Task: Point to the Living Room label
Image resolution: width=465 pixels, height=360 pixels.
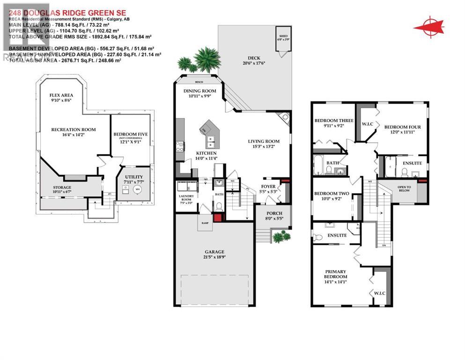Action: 263,141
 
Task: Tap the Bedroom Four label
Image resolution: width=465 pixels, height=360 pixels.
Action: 402,127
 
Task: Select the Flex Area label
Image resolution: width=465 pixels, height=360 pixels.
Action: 61,95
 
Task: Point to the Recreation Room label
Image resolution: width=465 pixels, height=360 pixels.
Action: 74,129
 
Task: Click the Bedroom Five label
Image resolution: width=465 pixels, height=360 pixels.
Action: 130,135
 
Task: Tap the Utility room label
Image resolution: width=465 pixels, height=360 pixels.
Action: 131,171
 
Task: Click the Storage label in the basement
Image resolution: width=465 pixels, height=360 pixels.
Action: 62,187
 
